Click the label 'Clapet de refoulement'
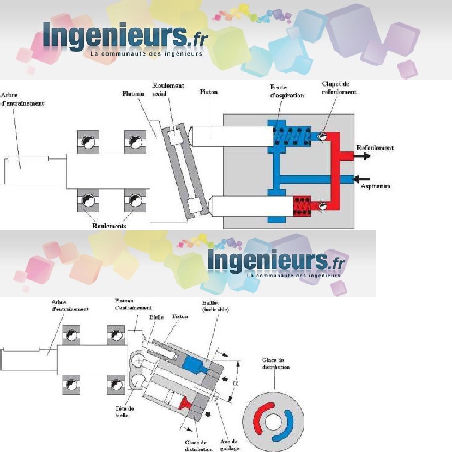pyautogui.click(x=339, y=88)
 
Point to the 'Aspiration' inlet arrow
pyautogui.click(x=360, y=178)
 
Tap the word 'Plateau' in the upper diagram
pyautogui.click(x=132, y=94)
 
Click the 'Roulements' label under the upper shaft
pyautogui.click(x=109, y=225)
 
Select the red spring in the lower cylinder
pyautogui.click(x=302, y=205)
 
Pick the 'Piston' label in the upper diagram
pyautogui.click(x=208, y=92)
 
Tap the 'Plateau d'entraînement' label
pyautogui.click(x=133, y=304)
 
